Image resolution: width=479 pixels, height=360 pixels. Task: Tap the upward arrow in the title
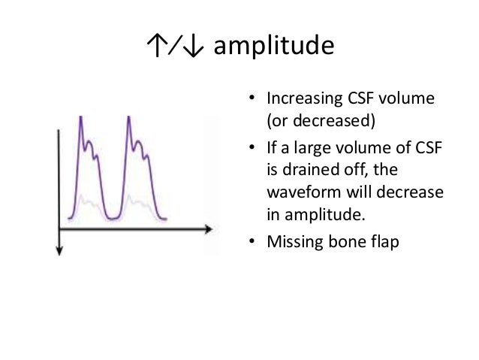point(153,47)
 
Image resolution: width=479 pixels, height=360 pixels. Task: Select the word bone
point(337,243)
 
